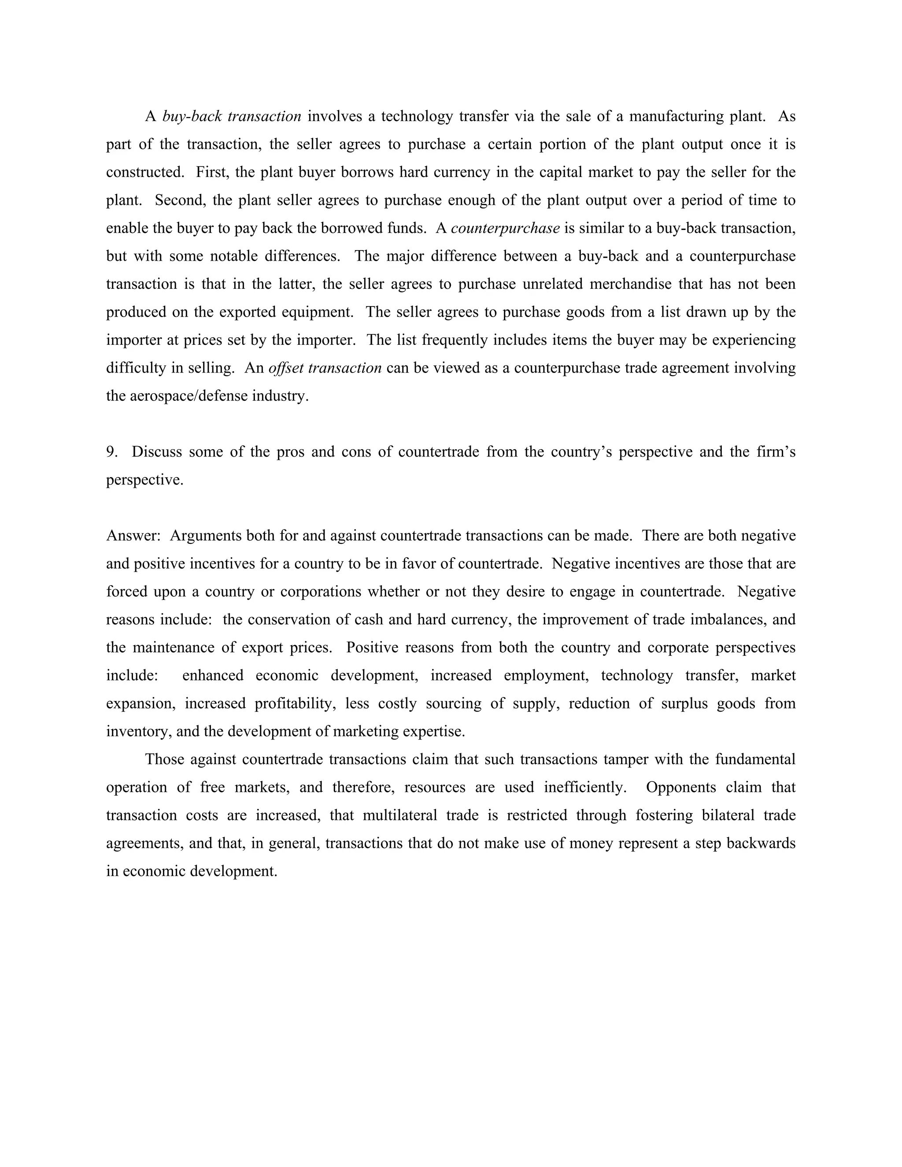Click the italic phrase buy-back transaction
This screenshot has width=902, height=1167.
pyautogui.click(x=231, y=117)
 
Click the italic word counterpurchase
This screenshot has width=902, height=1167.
pyautogui.click(x=505, y=228)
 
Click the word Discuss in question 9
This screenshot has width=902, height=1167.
pyautogui.click(x=156, y=452)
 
